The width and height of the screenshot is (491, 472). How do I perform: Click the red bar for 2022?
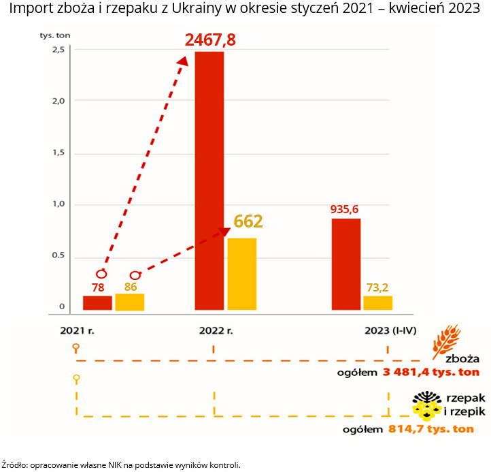tap(209, 180)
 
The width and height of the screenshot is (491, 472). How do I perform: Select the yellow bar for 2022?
tap(242, 274)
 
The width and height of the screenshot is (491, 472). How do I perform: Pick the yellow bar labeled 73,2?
tap(377, 303)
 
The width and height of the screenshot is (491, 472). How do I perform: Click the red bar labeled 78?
tap(97, 303)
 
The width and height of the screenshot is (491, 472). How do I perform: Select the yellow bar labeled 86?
tap(129, 302)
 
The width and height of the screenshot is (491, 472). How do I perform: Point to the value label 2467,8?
tap(210, 40)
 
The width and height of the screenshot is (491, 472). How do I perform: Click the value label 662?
tap(248, 221)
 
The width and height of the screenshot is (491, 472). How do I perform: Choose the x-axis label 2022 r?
tap(216, 331)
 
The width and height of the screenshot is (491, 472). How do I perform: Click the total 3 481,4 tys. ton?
tap(430, 372)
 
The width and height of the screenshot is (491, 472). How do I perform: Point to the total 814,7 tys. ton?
tap(431, 429)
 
